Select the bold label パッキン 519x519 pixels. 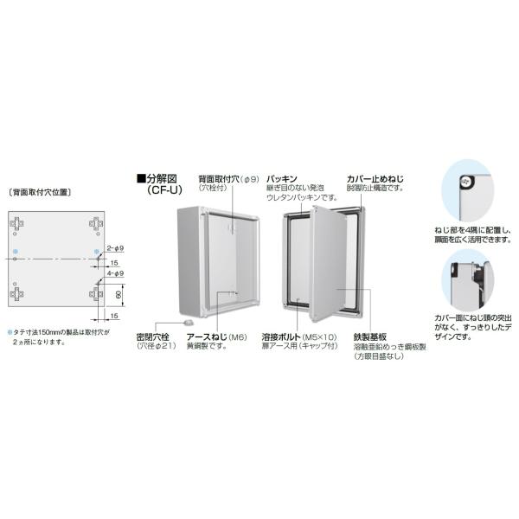(x=282, y=176)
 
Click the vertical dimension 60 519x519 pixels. (x=118, y=297)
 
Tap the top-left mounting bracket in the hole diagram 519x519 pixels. (x=16, y=225)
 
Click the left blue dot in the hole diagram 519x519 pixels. (x=16, y=253)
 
